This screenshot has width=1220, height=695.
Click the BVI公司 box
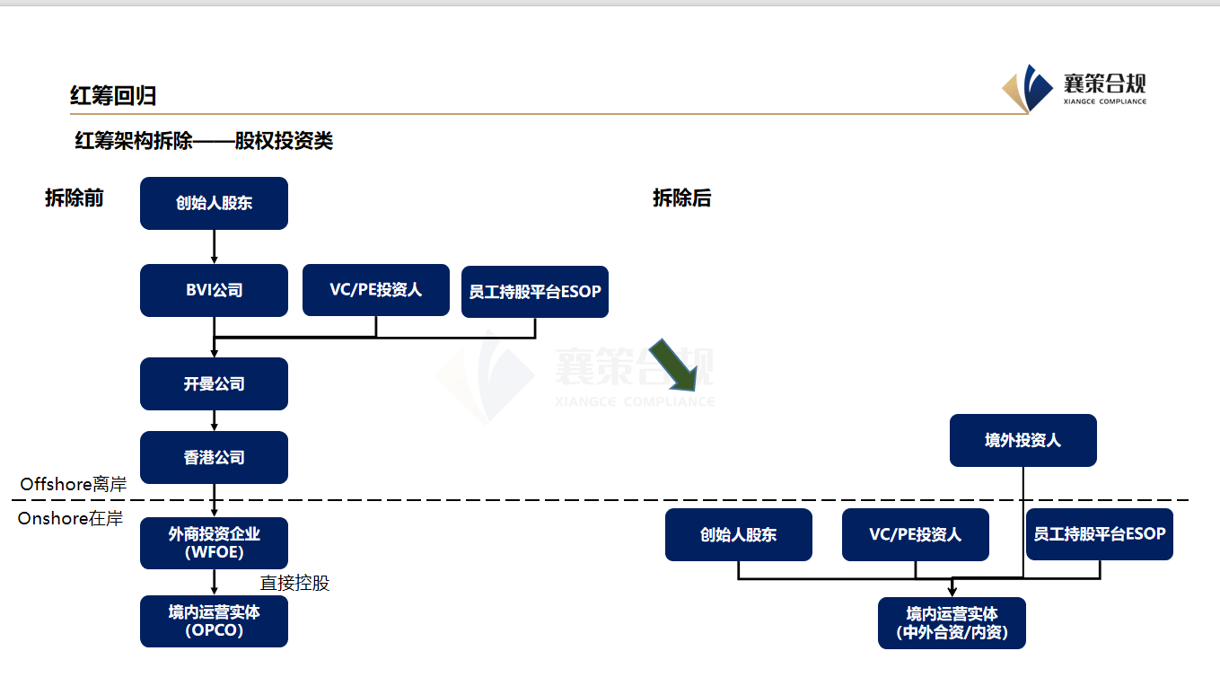coord(214,290)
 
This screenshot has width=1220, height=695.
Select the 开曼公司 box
coord(214,383)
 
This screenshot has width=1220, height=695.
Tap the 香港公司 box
coord(214,457)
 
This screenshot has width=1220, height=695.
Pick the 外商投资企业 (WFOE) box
coord(214,542)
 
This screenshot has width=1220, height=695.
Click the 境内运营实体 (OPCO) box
coord(214,620)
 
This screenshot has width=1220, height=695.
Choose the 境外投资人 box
coord(1023,440)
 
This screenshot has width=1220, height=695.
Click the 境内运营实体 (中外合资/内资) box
coord(952,622)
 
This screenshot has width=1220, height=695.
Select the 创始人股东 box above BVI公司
coord(214,203)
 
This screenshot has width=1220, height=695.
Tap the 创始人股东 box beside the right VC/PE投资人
coord(738,534)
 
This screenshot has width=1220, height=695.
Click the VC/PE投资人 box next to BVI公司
coord(375,289)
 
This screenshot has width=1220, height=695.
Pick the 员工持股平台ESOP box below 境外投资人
coord(1099,533)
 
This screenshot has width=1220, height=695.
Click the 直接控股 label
coord(294,583)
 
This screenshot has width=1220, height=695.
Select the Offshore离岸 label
coord(73,484)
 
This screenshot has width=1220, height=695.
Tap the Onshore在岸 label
coord(70,518)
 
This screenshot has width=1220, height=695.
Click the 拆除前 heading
coord(75,198)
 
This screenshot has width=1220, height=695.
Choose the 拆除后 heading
coord(681,198)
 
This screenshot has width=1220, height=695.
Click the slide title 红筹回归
coord(113,95)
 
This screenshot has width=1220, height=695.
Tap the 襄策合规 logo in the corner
coord(1075,88)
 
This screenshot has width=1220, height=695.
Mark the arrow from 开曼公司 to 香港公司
coord(214,420)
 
